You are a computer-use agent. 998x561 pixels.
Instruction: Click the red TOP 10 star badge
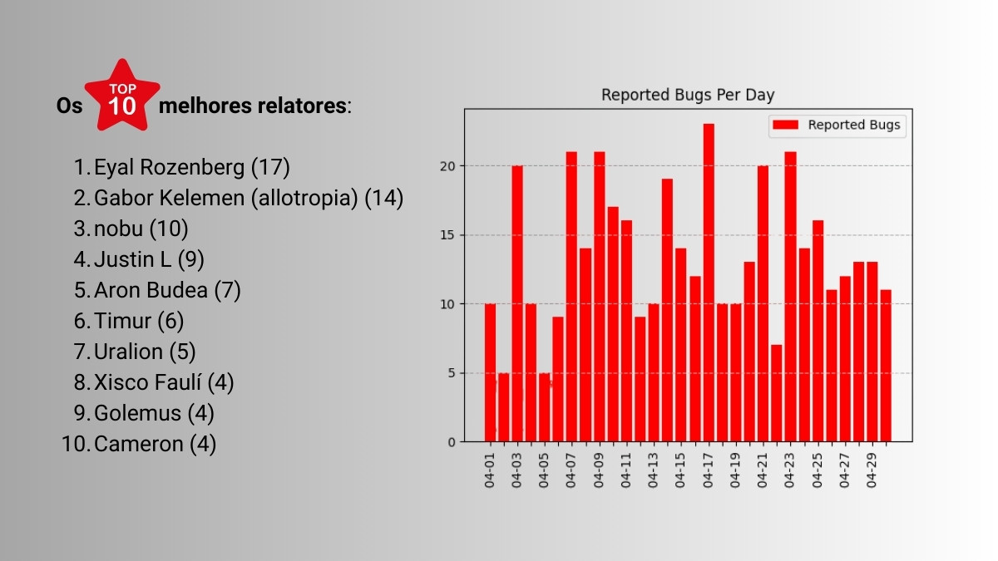click(x=122, y=98)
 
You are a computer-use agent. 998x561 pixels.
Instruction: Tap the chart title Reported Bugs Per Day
click(x=688, y=95)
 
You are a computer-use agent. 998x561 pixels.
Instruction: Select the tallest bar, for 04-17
click(x=709, y=283)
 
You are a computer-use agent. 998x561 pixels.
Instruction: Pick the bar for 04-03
click(x=517, y=303)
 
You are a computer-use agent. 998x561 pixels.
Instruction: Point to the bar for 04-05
click(x=545, y=407)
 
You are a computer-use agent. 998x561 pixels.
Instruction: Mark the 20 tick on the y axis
click(x=449, y=165)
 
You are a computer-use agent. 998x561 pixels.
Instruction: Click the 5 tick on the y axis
click(x=452, y=372)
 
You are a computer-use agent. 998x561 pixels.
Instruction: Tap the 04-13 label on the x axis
click(x=653, y=470)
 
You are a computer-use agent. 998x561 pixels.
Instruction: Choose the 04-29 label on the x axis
click(x=872, y=470)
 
